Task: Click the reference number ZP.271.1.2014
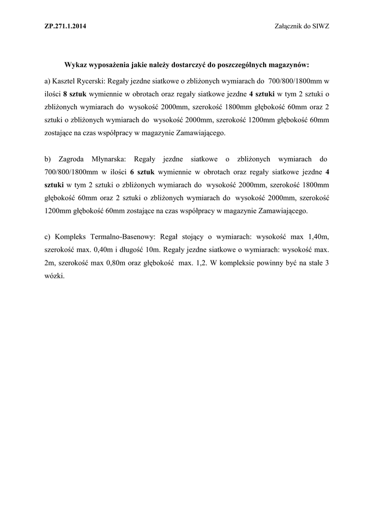click(x=65, y=27)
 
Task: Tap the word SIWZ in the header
click(x=320, y=27)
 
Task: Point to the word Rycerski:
click(x=92, y=81)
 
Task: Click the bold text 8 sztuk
click(x=75, y=95)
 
